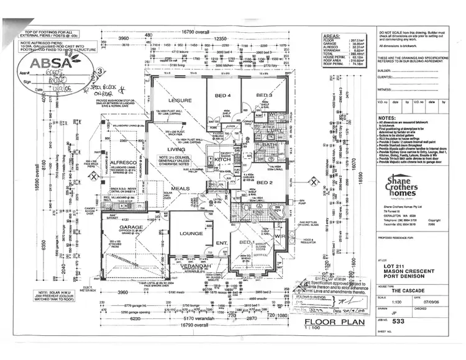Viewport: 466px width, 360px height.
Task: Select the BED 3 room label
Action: [x=265, y=95]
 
